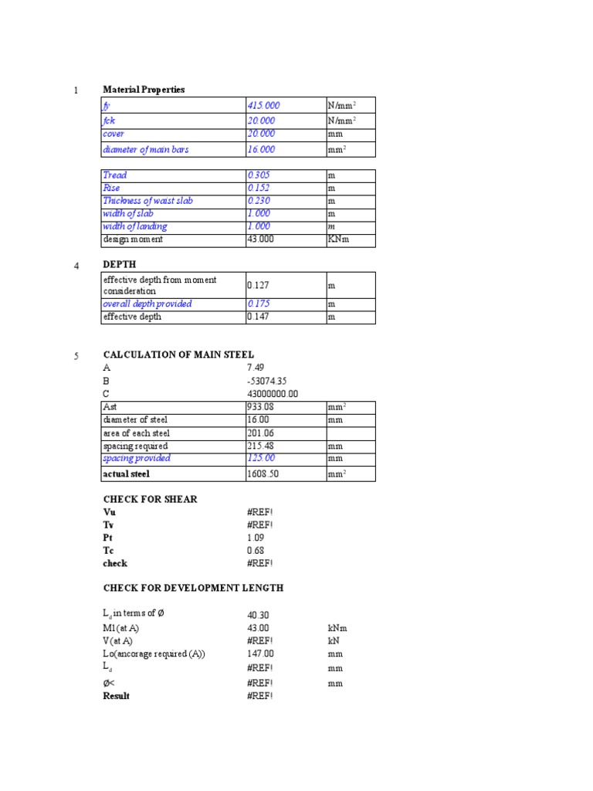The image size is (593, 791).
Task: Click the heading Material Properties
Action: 144,90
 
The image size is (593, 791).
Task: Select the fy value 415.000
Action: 263,105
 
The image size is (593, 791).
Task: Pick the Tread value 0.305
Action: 259,175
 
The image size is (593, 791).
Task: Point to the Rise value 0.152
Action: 259,188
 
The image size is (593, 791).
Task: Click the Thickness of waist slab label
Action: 147,201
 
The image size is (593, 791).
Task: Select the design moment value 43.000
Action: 261,239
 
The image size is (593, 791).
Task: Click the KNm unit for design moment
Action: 339,239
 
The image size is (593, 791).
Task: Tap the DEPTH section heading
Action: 120,264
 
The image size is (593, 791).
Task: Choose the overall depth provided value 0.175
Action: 259,304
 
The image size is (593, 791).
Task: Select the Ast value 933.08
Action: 259,406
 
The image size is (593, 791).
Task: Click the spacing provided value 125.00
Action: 261,458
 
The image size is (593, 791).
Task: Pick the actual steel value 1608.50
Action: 262,474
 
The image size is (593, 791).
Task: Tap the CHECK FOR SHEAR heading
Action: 150,499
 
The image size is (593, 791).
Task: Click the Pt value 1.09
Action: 255,538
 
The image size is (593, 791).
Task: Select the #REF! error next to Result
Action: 259,696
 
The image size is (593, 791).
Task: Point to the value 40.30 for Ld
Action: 258,615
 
